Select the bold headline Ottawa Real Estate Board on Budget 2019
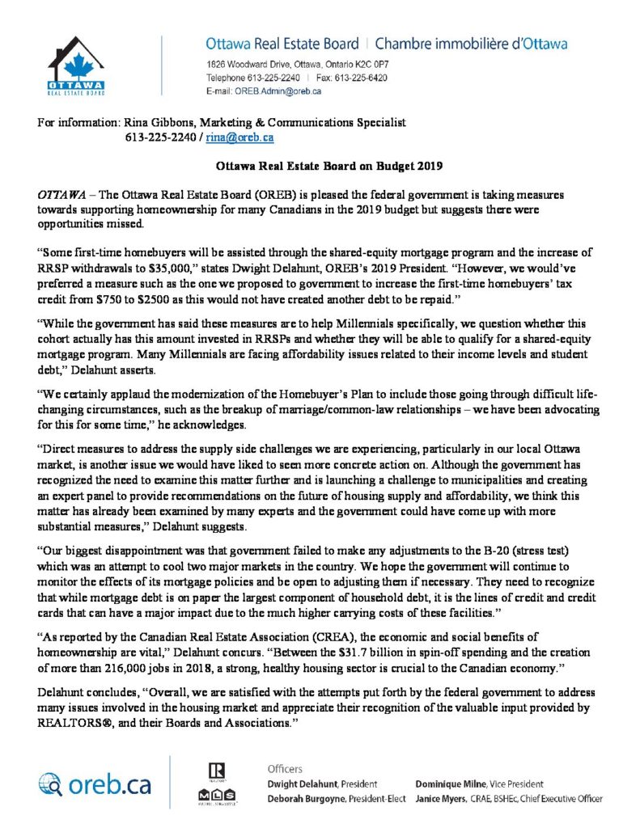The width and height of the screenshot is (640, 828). click(320, 167)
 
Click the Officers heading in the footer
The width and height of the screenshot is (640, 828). click(286, 768)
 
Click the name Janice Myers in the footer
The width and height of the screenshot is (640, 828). click(443, 798)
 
